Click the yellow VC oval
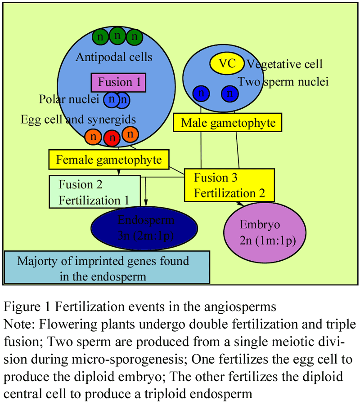(227, 63)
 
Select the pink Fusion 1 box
(118, 82)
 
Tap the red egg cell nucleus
(112, 138)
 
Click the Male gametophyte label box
(228, 122)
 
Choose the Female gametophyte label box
(109, 160)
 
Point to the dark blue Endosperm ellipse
(144, 228)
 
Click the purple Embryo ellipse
(265, 232)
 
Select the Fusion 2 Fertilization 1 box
(94, 192)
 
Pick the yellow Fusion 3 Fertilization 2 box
(229, 185)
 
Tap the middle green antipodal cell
(117, 36)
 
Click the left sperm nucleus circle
(201, 93)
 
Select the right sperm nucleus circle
(229, 93)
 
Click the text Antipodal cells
(114, 57)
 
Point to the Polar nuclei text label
(69, 99)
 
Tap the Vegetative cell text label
(284, 64)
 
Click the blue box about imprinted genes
(107, 267)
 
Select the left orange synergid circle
(93, 136)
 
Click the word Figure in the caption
(22, 307)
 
